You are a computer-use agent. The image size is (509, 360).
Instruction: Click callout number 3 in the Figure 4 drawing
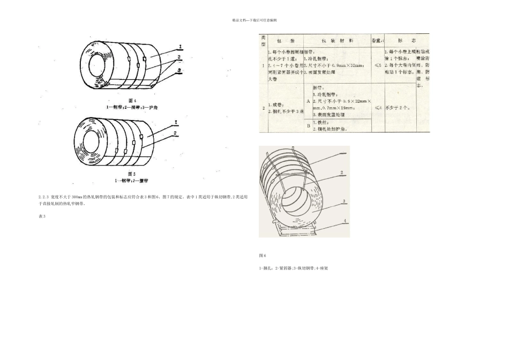(180, 70)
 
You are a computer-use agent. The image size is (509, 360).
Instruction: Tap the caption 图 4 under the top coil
(133, 100)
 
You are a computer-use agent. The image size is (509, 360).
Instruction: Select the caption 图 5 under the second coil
(133, 174)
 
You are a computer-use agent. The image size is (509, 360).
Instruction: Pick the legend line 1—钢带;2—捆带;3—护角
(133, 107)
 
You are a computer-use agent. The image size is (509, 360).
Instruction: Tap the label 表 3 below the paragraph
(42, 216)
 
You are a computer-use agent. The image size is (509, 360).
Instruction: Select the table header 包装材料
(337, 41)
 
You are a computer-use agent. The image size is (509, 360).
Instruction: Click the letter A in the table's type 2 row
(308, 100)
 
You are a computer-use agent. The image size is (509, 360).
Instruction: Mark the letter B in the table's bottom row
(308, 126)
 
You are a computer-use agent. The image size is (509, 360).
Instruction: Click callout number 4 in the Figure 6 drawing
(345, 221)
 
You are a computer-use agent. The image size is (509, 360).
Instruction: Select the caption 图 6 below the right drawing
(263, 256)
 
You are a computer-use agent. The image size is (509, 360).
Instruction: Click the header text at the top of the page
(254, 20)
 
